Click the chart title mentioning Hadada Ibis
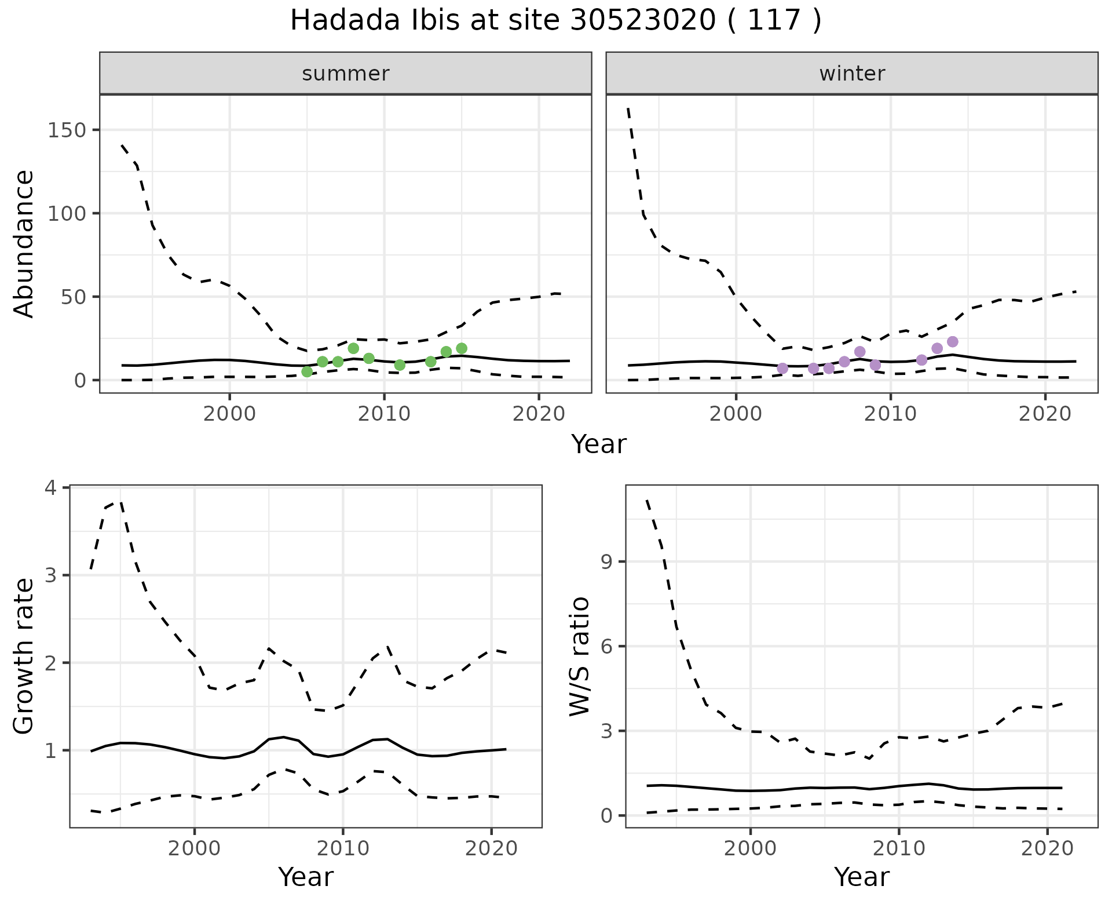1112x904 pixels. point(555,21)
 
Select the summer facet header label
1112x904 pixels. point(346,74)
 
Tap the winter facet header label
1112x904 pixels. point(852,74)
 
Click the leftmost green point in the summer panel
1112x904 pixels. point(307,371)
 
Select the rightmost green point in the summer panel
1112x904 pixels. point(462,348)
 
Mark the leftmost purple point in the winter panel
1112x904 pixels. point(782,368)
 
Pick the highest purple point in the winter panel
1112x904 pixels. point(953,342)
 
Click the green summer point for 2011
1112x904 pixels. point(400,364)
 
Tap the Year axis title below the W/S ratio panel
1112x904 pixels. point(861,877)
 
